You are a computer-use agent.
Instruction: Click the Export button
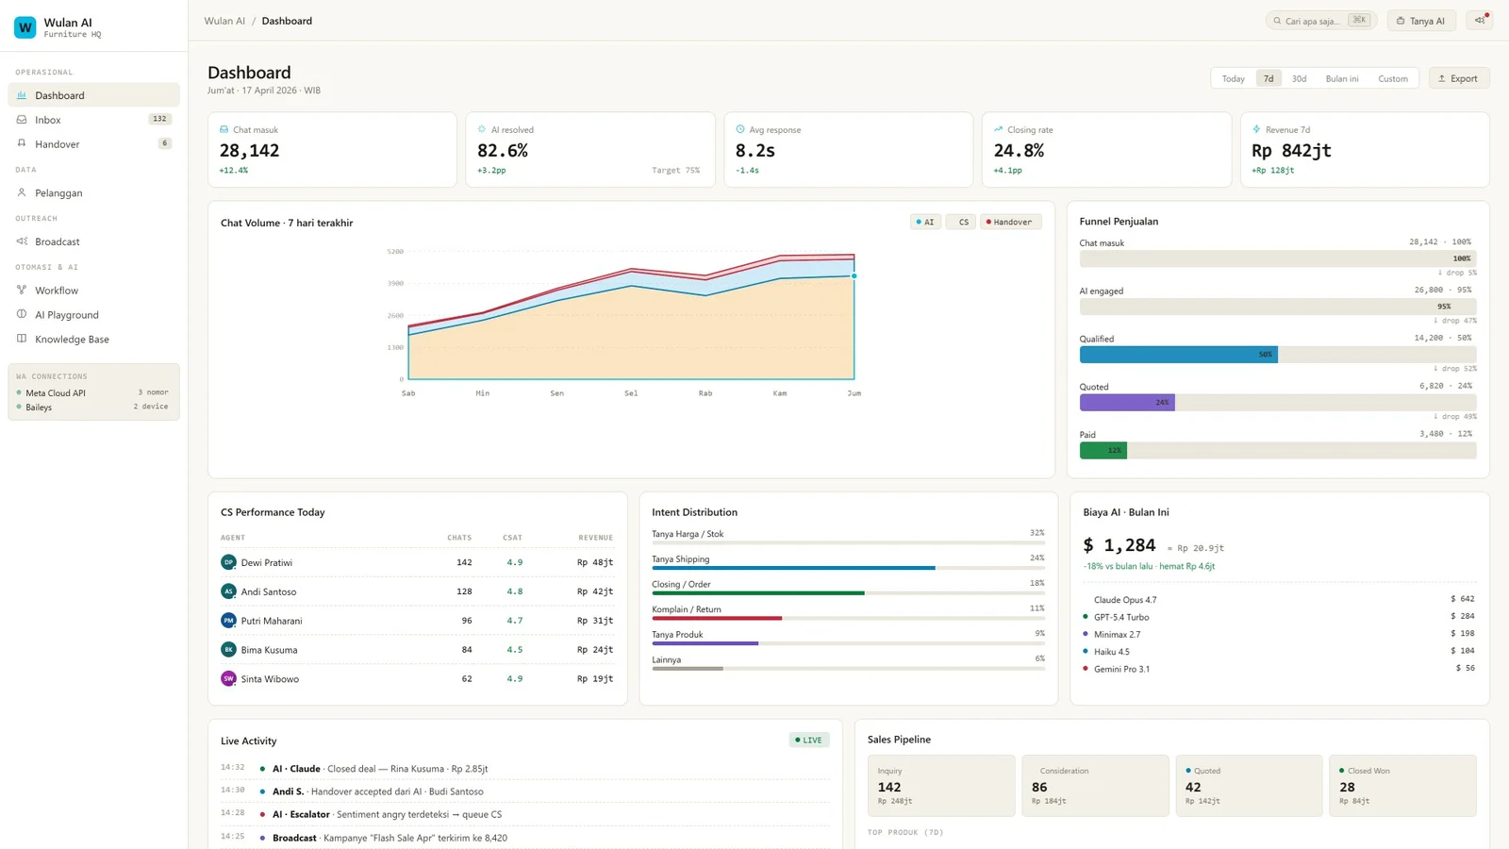tap(1458, 78)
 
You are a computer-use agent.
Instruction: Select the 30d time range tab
tap(1299, 78)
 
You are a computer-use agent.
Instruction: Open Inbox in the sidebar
tap(48, 120)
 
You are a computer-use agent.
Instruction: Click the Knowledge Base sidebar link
tap(72, 339)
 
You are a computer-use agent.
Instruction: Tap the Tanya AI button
tap(1420, 21)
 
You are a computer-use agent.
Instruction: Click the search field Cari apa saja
tap(1312, 21)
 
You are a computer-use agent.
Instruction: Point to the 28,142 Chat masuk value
tap(249, 150)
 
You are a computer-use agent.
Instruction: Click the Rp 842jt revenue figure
tap(1291, 150)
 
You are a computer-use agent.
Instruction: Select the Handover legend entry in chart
tap(1010, 222)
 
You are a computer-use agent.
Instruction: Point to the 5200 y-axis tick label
tap(395, 252)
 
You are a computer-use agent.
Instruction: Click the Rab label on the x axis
tap(705, 393)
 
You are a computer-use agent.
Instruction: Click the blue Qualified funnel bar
tap(1178, 355)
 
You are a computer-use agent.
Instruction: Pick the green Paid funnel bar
tap(1103, 450)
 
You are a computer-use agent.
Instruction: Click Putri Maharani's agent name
tap(271, 621)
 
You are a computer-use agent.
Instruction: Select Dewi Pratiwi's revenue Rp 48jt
tap(595, 562)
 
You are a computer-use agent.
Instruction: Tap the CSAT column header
tap(512, 538)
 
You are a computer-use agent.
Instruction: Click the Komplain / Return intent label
tap(686, 609)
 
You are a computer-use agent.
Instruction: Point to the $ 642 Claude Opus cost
tap(1462, 599)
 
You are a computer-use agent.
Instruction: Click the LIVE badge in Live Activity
tap(808, 741)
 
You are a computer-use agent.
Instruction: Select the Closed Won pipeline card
tap(1401, 785)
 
